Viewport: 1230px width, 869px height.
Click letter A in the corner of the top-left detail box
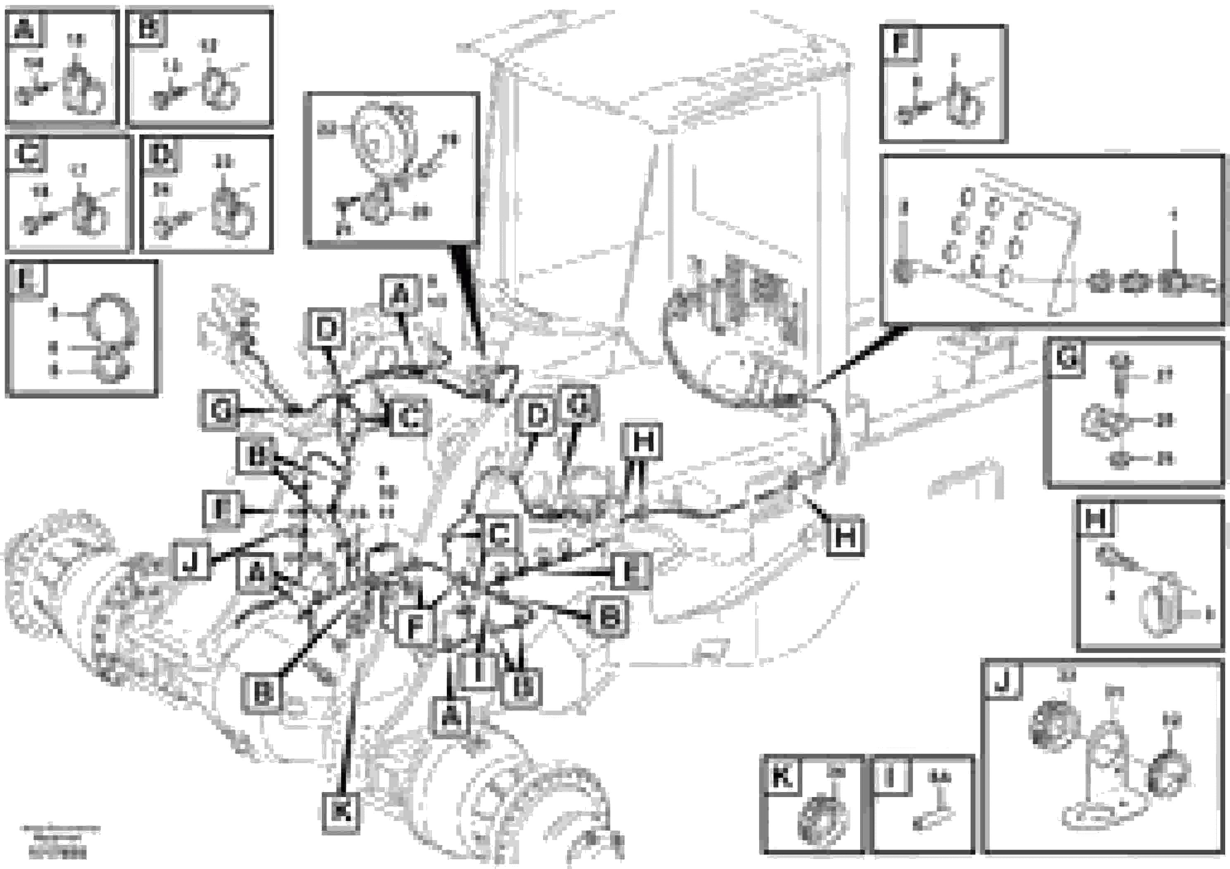pos(24,28)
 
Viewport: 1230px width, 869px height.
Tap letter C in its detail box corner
pos(26,154)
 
